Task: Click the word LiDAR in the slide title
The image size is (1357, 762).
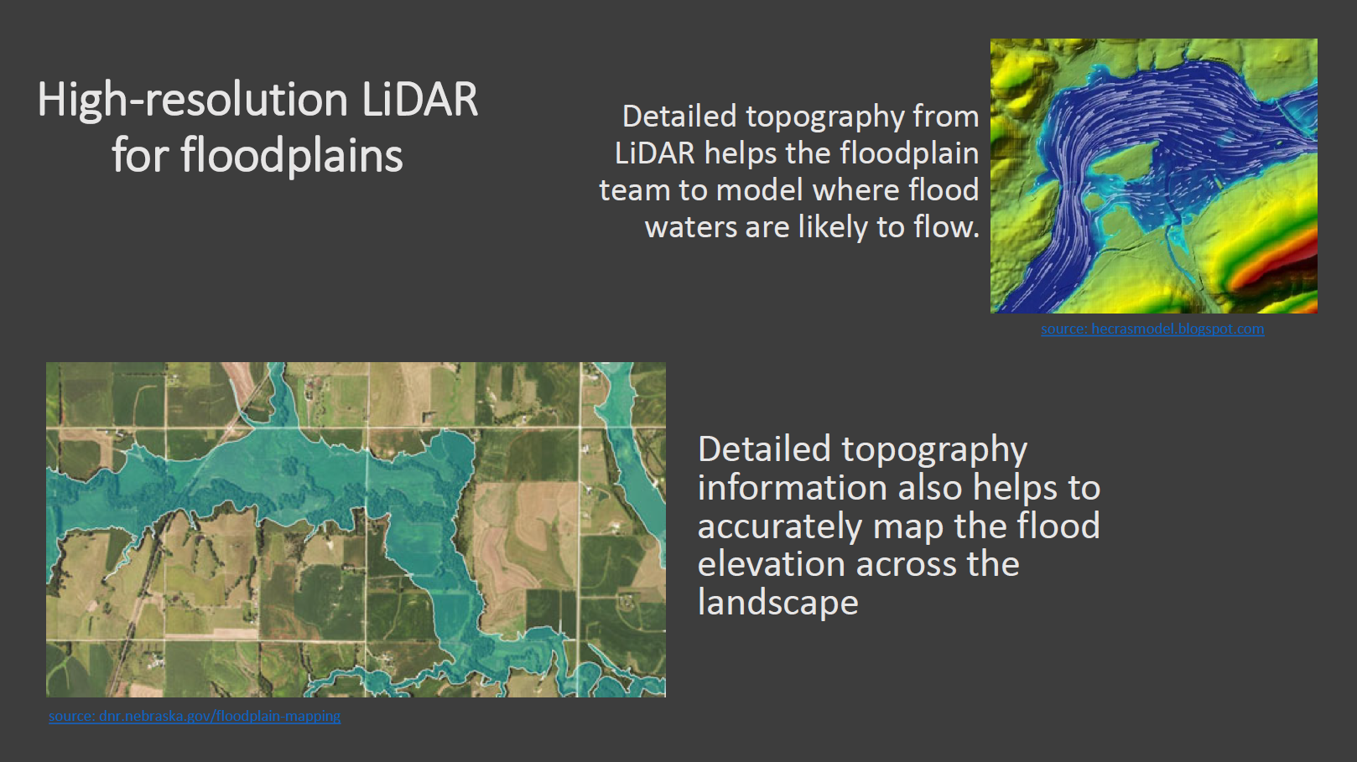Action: coord(420,99)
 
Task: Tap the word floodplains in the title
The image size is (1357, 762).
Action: coord(291,156)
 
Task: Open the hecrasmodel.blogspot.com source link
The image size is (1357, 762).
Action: coord(1152,329)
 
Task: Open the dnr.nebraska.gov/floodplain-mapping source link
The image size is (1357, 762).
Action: coord(195,716)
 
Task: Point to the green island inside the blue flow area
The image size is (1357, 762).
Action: coord(1125,163)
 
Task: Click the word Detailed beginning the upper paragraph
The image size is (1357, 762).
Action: coord(679,117)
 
